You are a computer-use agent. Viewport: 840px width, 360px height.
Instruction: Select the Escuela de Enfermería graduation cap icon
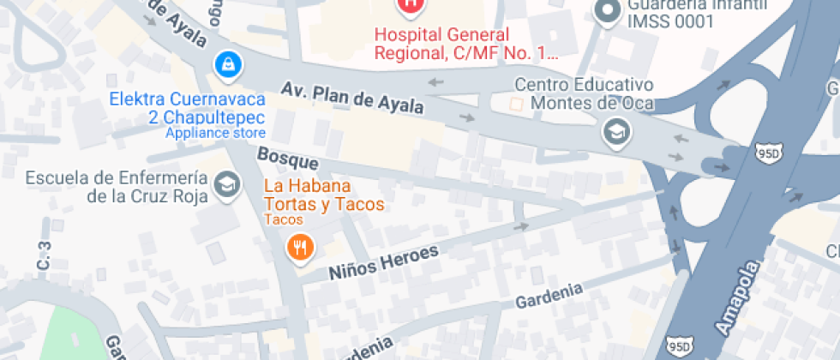pyautogui.click(x=226, y=185)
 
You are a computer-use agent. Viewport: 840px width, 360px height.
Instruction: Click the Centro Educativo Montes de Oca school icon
pyautogui.click(x=615, y=131)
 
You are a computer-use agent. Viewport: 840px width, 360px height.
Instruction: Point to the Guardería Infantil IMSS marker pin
pyautogui.click(x=608, y=11)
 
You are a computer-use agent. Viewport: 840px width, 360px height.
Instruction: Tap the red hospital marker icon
pyautogui.click(x=411, y=5)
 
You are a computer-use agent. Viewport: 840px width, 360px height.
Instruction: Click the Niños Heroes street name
pyautogui.click(x=384, y=261)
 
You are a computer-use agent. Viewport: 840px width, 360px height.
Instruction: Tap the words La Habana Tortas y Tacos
pyautogui.click(x=323, y=195)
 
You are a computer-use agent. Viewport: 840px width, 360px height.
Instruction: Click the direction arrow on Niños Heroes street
pyautogui.click(x=520, y=227)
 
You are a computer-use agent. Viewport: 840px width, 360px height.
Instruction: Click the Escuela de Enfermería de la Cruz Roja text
pyautogui.click(x=117, y=187)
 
